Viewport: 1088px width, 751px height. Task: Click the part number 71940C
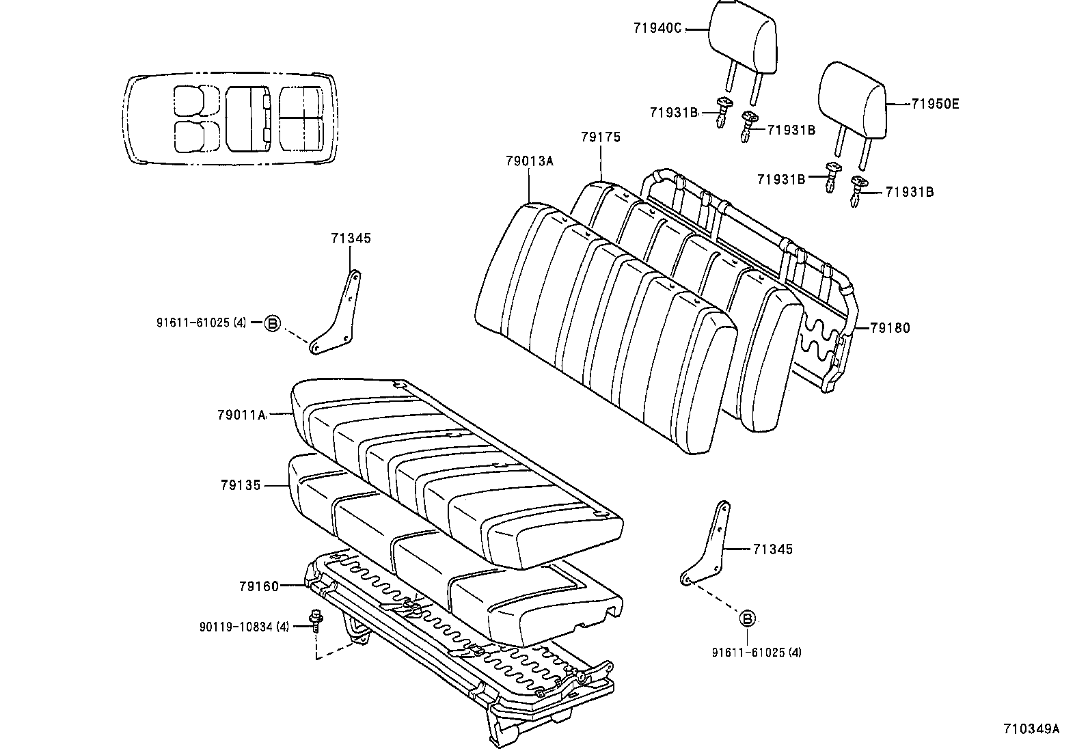(657, 29)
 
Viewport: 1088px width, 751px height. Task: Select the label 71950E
(935, 104)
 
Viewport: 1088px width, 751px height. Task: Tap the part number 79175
(601, 137)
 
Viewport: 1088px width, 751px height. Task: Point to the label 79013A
(529, 161)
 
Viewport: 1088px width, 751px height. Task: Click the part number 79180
(890, 328)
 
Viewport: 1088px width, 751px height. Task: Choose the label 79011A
(241, 414)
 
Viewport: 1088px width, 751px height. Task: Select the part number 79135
(241, 485)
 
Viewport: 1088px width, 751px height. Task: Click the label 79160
(259, 586)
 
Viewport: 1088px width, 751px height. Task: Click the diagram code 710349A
(1031, 728)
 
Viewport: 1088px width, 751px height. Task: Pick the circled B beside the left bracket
(272, 323)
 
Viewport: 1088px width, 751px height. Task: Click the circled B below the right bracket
(748, 619)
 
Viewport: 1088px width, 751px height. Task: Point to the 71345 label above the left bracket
(351, 238)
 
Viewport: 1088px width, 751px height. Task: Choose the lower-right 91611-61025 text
(757, 653)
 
